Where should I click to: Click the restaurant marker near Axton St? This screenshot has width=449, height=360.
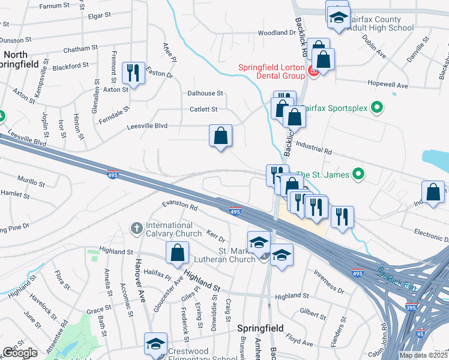click(x=133, y=74)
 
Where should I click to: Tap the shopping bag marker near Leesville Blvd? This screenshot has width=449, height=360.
click(x=220, y=135)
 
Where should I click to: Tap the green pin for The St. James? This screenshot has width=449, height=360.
click(x=359, y=175)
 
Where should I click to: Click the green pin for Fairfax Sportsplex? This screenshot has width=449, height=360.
click(x=377, y=109)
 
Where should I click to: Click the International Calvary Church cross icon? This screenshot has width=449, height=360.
click(x=136, y=229)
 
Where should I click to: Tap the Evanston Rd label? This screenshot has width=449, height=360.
click(x=180, y=206)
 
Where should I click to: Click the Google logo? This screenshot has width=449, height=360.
click(x=20, y=353)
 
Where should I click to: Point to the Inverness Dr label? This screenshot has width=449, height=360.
click(x=328, y=281)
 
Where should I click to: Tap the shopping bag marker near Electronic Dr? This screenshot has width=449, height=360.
click(x=433, y=192)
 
